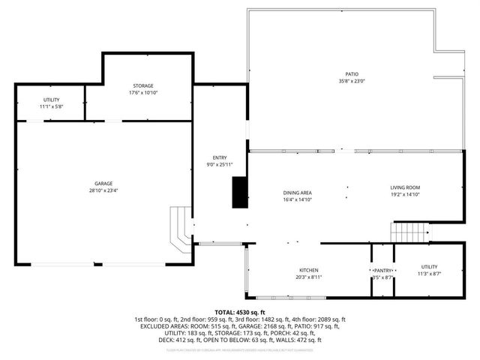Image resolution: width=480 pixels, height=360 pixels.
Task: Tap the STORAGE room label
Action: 143,86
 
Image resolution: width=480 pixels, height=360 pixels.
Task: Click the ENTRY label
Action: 220,157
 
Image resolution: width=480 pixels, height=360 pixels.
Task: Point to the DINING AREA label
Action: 298,193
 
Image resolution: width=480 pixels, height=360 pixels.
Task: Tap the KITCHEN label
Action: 310,270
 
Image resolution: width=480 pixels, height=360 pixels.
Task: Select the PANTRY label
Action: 383,271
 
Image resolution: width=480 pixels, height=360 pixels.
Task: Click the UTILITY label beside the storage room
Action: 52,100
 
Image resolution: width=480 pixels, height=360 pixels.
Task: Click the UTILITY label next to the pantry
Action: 429,266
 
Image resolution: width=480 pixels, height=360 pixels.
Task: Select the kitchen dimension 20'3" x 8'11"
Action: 310,277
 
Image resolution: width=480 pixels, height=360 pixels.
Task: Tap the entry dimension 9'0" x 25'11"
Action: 220,164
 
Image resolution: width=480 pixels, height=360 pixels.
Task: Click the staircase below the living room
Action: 409,232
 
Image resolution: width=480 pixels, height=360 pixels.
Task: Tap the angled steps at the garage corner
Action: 179,233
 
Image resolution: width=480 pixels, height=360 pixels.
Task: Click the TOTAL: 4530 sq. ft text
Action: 240,312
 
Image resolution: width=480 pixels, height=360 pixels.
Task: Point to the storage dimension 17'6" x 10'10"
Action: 143,93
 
